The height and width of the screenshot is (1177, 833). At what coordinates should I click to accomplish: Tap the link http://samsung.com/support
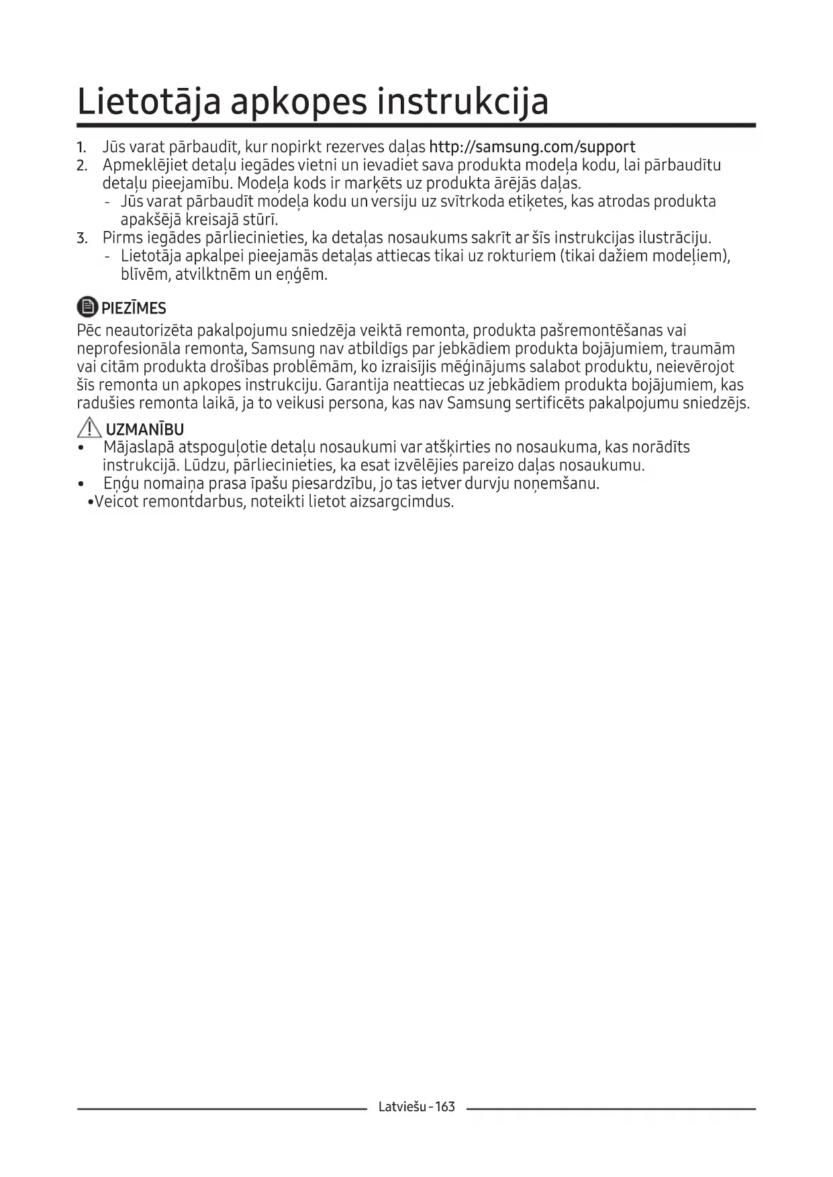(532, 147)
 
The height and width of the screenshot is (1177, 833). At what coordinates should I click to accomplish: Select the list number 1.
(81, 148)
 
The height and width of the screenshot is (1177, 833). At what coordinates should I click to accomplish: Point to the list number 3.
(81, 238)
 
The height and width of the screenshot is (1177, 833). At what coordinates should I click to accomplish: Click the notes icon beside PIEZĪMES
(87, 307)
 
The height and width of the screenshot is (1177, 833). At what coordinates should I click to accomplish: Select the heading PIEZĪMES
(134, 309)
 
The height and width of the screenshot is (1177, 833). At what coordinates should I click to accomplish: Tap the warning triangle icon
(89, 427)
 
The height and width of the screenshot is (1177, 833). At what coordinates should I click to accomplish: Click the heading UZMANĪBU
(145, 429)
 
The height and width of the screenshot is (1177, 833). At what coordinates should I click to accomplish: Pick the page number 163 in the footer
(444, 1107)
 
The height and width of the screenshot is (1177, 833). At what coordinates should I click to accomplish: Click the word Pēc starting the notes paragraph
(89, 331)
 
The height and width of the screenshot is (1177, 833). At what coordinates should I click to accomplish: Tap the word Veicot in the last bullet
(115, 502)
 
